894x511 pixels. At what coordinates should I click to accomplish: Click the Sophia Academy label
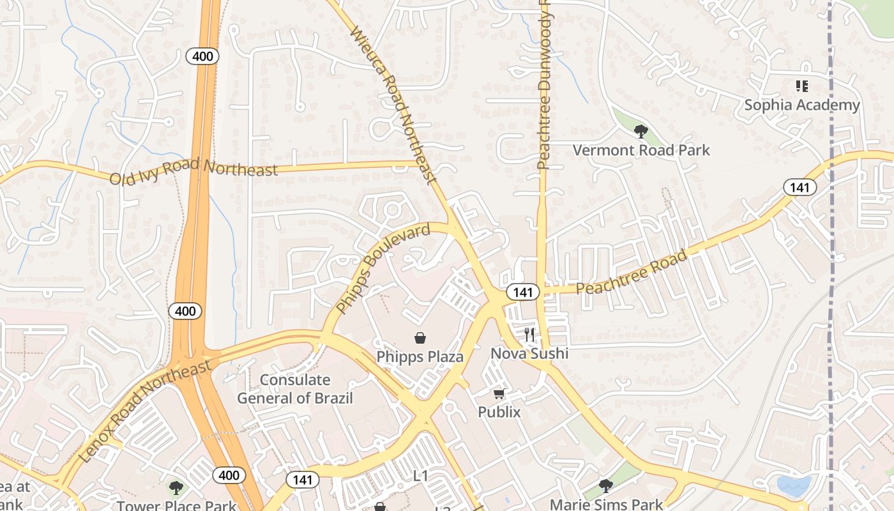coord(802,105)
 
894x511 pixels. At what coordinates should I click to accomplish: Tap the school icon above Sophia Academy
coord(802,86)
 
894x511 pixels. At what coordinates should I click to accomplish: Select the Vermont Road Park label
coord(641,150)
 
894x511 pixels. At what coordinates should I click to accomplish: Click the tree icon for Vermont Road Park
coord(640,132)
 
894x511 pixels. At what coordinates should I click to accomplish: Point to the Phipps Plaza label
coord(420,356)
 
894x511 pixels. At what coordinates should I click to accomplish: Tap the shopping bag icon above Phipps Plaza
coord(420,338)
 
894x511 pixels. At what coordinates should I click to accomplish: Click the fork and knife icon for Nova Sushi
coord(529,334)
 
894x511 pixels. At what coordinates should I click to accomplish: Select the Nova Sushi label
coord(529,353)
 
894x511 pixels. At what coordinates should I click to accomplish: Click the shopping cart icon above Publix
coord(499,394)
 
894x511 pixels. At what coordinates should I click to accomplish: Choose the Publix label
coord(499,412)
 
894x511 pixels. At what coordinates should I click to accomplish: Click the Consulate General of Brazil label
coord(295,389)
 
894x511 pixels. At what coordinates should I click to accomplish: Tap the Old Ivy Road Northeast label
coord(193,171)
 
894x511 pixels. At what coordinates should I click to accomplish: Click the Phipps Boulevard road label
coord(383,269)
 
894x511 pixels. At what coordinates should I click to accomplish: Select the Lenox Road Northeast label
coord(145,411)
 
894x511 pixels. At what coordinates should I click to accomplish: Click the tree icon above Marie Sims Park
coord(605,486)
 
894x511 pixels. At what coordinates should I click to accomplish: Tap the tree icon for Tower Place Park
coord(176,489)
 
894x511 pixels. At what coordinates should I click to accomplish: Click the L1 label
coord(420,475)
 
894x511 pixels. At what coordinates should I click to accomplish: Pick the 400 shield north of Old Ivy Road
coord(203,56)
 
